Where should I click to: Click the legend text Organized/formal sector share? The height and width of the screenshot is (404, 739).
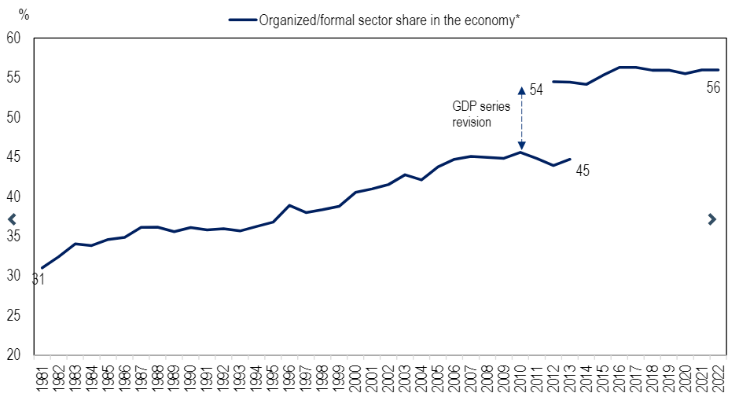(x=389, y=20)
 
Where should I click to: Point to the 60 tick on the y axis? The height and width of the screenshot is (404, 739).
(x=15, y=38)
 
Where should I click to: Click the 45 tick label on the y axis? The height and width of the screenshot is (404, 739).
(x=15, y=157)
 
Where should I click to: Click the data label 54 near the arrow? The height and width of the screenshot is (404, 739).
(x=536, y=90)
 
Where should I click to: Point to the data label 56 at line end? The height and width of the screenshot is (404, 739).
(x=713, y=88)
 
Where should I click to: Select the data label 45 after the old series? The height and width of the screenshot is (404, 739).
(x=583, y=171)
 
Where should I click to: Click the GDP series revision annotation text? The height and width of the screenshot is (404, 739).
(x=472, y=114)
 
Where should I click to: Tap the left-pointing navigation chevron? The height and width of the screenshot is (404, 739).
(x=12, y=219)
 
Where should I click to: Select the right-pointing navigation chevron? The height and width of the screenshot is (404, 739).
(x=711, y=219)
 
